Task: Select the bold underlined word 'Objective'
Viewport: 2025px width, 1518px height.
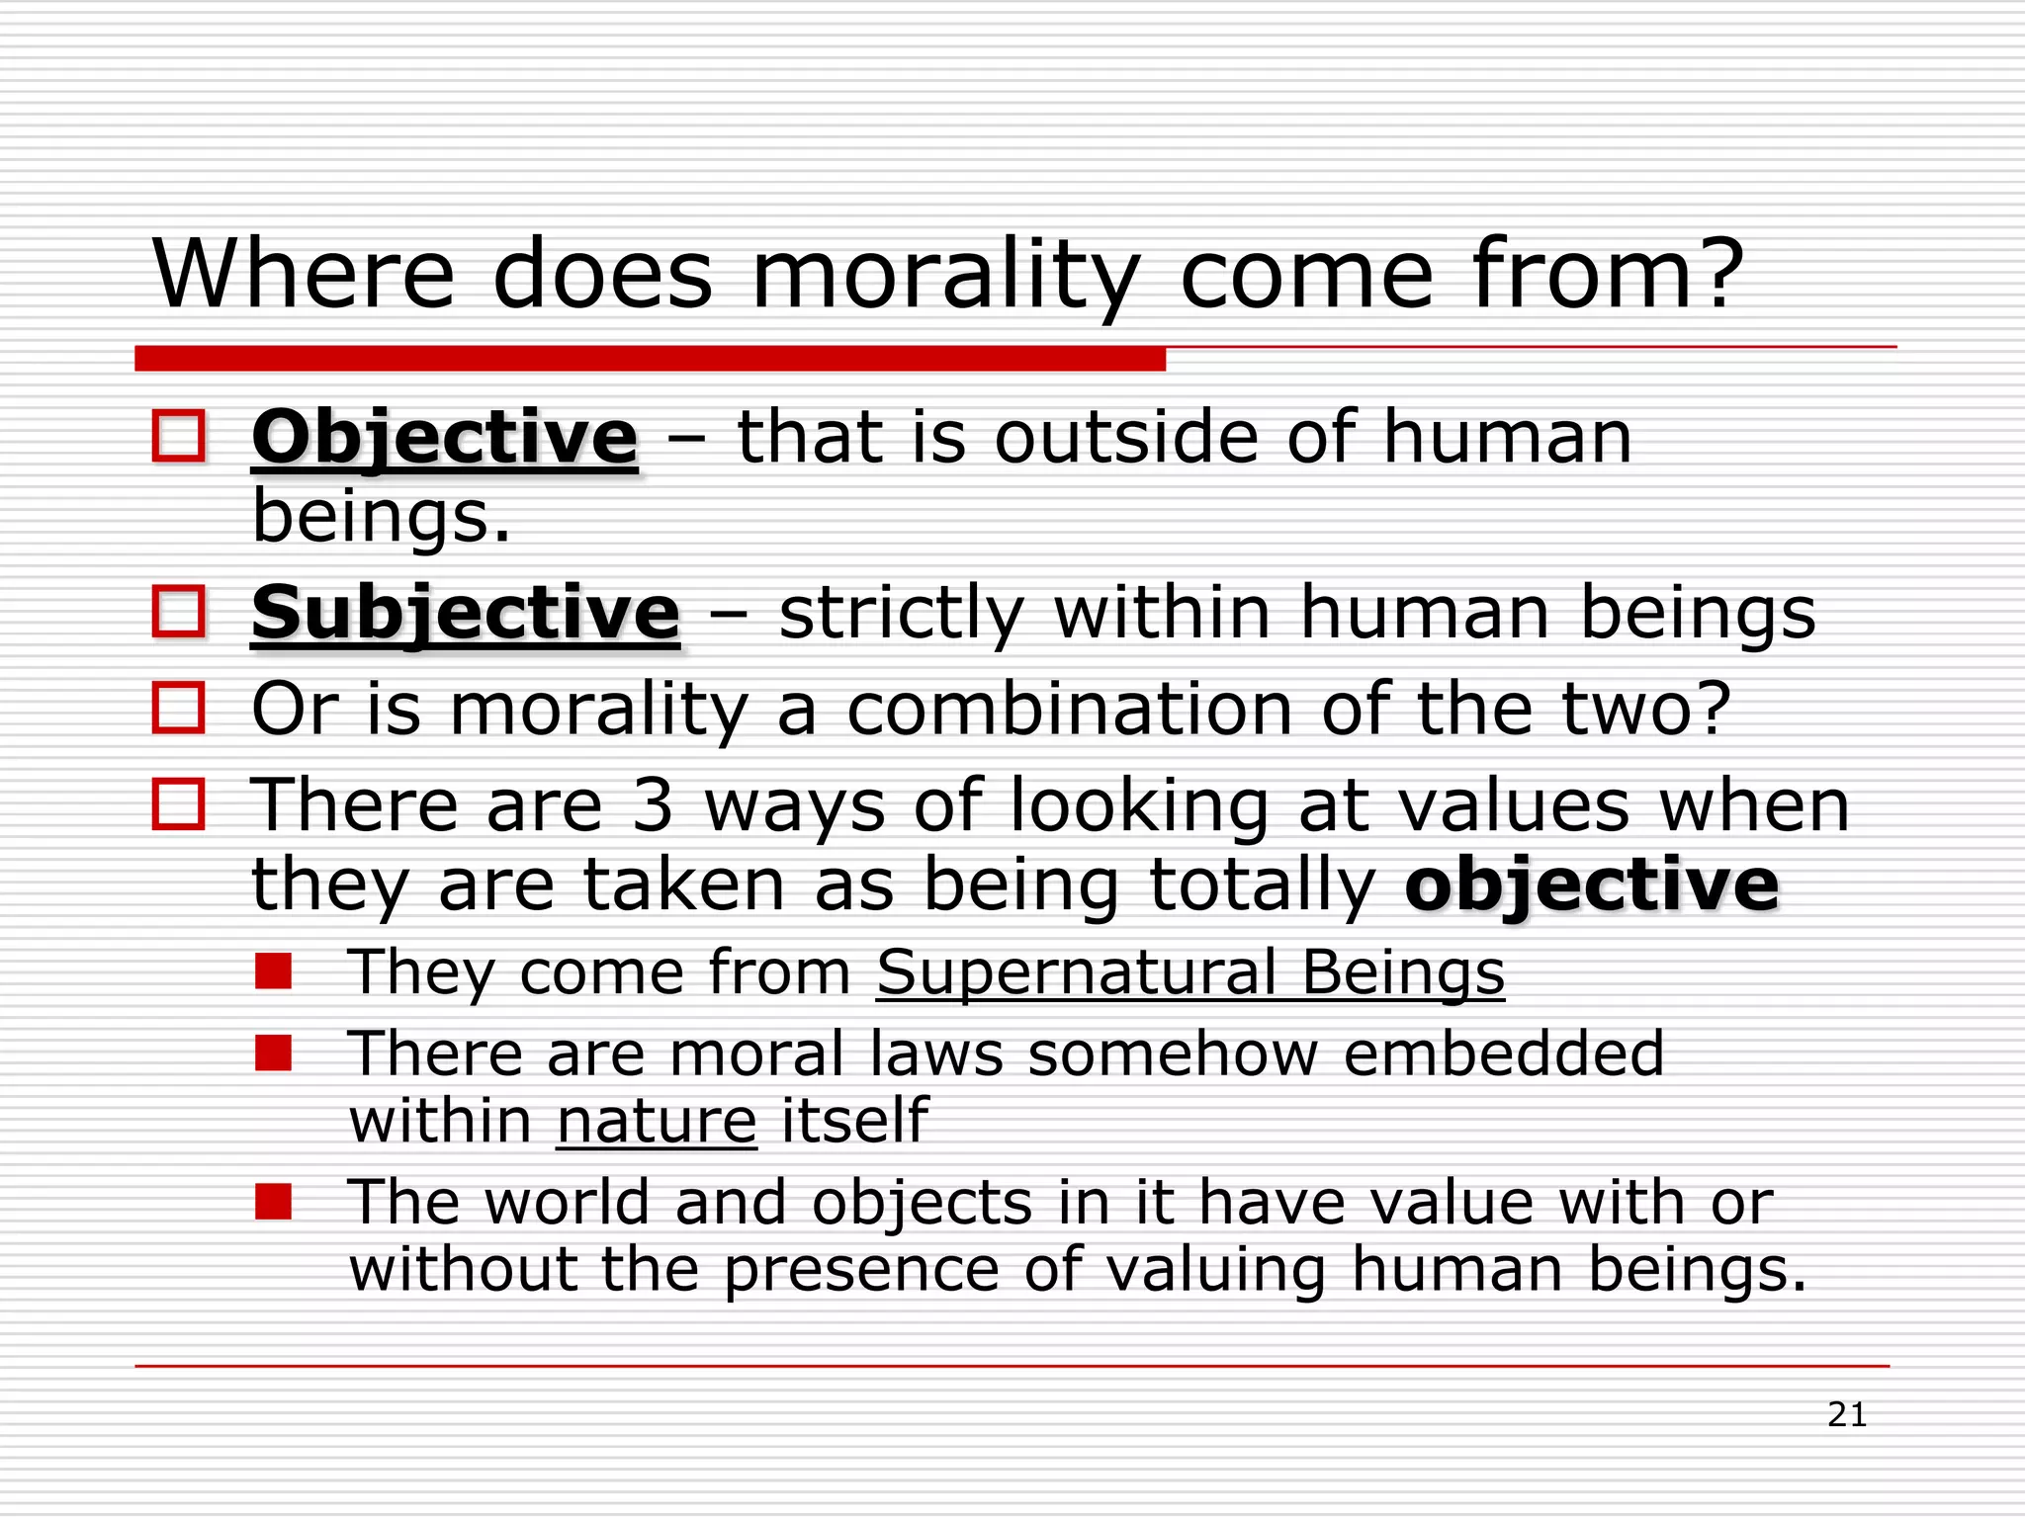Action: [445, 437]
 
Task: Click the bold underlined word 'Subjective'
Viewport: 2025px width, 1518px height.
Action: [466, 613]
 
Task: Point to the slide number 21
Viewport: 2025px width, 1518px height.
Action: [1846, 1415]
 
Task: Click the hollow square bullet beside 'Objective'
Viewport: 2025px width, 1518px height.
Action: [179, 436]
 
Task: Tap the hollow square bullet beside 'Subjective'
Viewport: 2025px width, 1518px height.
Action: [179, 611]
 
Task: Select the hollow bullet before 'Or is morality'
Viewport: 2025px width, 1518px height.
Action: [179, 708]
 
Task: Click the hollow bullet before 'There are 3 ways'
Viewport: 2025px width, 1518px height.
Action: [179, 803]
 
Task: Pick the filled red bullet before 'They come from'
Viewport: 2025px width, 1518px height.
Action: [273, 970]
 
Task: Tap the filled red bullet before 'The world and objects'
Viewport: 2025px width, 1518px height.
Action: [273, 1202]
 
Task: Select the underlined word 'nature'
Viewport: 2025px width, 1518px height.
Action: [657, 1121]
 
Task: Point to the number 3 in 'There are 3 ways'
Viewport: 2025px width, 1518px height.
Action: [652, 805]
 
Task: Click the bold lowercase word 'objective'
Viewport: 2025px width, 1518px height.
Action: [1591, 885]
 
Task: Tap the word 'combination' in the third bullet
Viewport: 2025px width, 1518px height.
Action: [1069, 710]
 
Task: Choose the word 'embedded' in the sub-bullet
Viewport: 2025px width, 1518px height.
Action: [1504, 1054]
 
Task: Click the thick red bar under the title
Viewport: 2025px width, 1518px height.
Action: [650, 358]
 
